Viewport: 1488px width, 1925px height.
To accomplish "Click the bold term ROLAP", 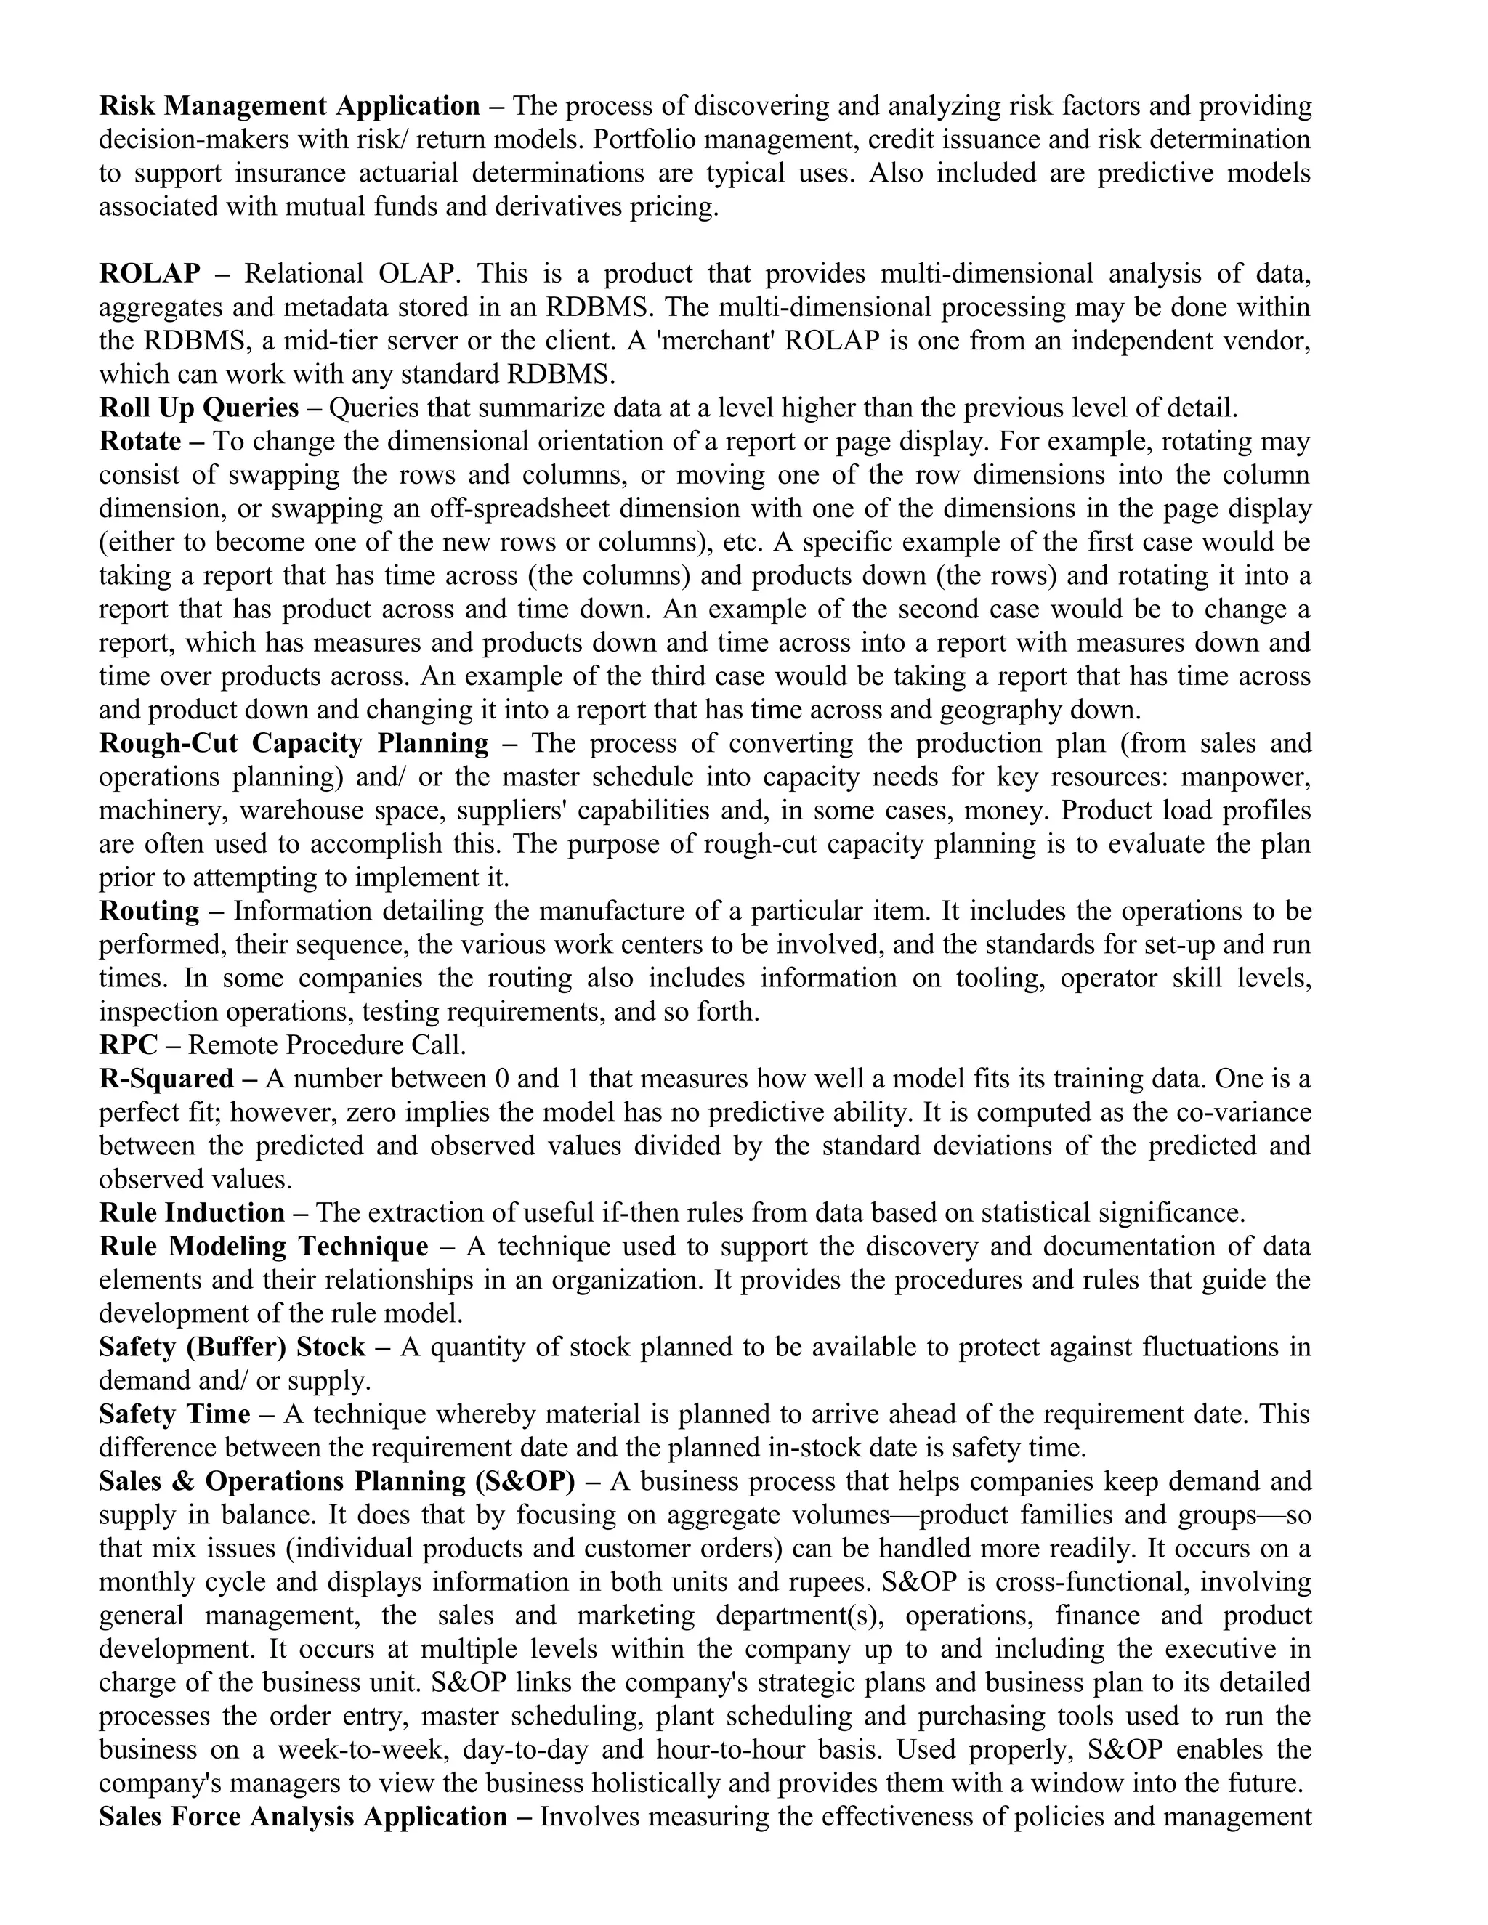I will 149,274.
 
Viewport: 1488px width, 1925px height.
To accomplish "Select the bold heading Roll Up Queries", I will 198,408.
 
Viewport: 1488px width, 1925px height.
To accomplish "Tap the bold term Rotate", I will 140,441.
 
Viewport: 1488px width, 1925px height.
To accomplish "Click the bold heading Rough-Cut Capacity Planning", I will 294,743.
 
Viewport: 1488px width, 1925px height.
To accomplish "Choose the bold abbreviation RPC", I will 129,1045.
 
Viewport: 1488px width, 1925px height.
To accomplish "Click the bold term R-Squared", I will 166,1079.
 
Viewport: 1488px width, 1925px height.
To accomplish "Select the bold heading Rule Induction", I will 191,1213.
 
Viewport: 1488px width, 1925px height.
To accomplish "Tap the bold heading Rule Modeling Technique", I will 264,1247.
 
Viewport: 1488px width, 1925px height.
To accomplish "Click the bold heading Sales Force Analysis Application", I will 303,1817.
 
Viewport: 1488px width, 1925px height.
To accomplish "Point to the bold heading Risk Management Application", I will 289,106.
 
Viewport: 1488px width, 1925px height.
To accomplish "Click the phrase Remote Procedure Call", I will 327,1045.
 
